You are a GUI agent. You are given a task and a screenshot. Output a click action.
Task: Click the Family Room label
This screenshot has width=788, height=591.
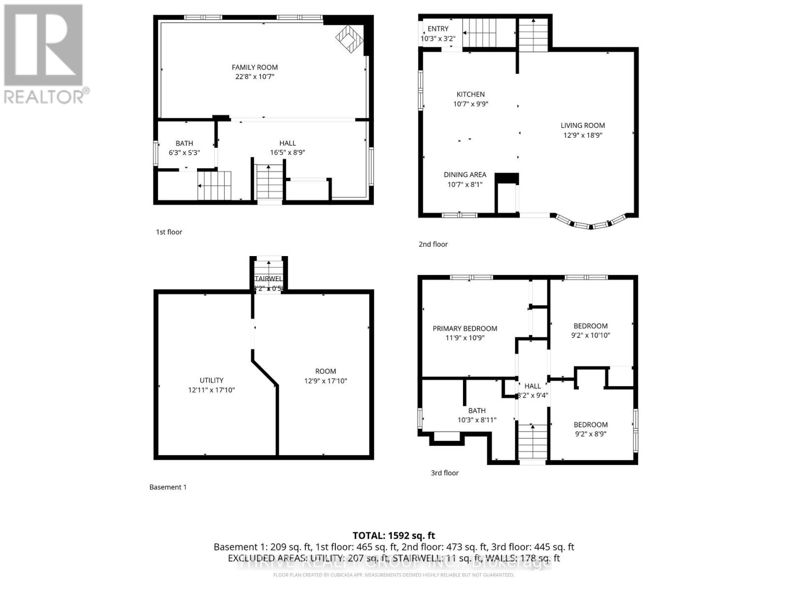click(255, 67)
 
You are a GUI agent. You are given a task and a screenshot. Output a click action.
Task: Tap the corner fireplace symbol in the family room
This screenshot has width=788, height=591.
click(350, 38)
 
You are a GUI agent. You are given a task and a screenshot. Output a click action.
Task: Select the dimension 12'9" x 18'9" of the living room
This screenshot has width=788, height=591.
click(583, 135)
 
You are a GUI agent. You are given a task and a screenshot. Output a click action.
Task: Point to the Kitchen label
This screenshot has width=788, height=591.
click(470, 94)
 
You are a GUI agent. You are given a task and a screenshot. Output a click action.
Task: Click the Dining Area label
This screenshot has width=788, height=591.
click(464, 175)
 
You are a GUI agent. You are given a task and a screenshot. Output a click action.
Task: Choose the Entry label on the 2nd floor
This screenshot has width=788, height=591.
click(438, 29)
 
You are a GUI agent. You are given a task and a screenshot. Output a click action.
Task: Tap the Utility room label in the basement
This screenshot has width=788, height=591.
click(211, 380)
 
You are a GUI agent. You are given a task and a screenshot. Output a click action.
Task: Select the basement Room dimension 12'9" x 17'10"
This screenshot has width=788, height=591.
click(326, 381)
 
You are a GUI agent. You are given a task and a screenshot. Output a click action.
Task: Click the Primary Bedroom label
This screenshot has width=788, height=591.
click(464, 328)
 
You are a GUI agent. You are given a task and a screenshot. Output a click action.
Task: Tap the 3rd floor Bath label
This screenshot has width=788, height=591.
click(476, 411)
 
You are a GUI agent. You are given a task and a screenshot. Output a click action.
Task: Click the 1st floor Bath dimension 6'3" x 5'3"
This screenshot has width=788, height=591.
click(184, 153)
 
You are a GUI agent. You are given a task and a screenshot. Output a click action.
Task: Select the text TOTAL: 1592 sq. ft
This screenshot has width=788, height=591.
click(394, 535)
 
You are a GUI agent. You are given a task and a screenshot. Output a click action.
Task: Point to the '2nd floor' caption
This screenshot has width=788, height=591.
click(433, 244)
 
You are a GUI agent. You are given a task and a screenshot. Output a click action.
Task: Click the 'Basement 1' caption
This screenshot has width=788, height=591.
click(168, 487)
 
